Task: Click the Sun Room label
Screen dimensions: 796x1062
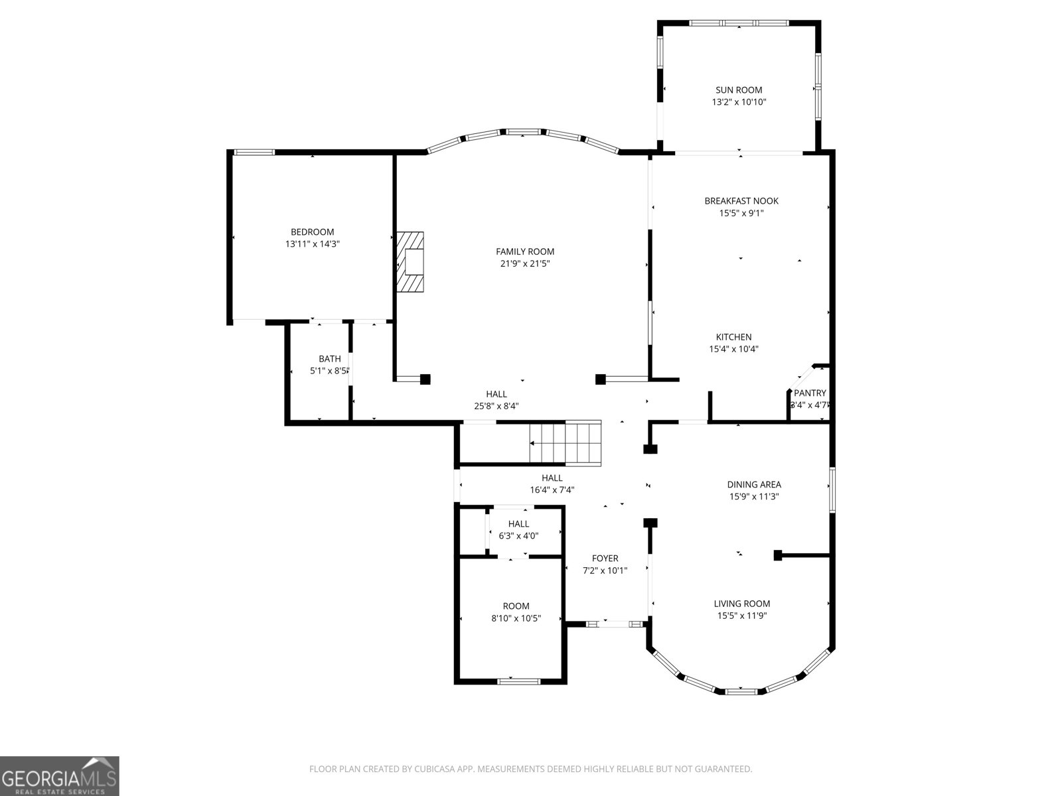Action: click(x=739, y=90)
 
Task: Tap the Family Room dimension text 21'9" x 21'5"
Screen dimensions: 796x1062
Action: click(x=525, y=263)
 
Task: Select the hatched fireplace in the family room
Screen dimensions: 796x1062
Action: click(x=410, y=261)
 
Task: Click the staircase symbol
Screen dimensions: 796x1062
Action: click(x=565, y=442)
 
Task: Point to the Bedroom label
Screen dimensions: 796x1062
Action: click(x=312, y=232)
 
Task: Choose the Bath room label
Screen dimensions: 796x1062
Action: click(x=330, y=359)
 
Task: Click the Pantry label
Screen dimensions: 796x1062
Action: click(x=810, y=393)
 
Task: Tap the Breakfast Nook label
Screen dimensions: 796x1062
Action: click(x=741, y=201)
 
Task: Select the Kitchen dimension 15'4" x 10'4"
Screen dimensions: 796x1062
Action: click(x=733, y=349)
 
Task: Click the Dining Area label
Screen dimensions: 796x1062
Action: click(x=753, y=484)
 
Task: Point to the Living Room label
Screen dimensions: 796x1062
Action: click(x=741, y=604)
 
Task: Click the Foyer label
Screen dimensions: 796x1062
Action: click(x=605, y=559)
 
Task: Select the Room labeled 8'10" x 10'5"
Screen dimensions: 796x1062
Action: click(x=516, y=606)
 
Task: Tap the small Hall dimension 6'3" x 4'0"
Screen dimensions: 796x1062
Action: click(x=518, y=535)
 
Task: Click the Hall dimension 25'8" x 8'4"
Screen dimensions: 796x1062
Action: click(x=496, y=406)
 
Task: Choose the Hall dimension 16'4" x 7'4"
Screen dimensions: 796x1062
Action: click(x=552, y=490)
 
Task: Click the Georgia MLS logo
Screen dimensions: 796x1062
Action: click(x=60, y=776)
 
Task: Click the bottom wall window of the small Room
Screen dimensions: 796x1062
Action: click(x=519, y=681)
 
